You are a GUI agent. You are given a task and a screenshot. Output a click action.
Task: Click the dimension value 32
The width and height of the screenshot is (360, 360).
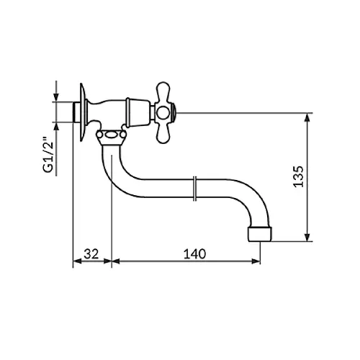[x=91, y=253]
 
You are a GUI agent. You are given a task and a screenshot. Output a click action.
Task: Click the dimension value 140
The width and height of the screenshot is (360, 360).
[x=194, y=253]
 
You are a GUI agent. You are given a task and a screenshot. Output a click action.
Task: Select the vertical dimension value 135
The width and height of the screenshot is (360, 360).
[x=299, y=176]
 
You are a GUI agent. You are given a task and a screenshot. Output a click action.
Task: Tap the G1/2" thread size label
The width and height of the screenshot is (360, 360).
[x=48, y=155]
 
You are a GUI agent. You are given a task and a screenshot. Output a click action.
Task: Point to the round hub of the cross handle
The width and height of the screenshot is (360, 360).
[x=163, y=113]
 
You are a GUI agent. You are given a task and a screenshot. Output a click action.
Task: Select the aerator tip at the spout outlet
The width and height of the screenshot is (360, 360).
[x=260, y=234]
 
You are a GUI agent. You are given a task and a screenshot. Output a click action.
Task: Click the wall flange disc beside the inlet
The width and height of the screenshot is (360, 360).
[x=82, y=112]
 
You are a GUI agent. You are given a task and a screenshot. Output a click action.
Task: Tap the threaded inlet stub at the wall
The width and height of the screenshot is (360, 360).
[x=76, y=112]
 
